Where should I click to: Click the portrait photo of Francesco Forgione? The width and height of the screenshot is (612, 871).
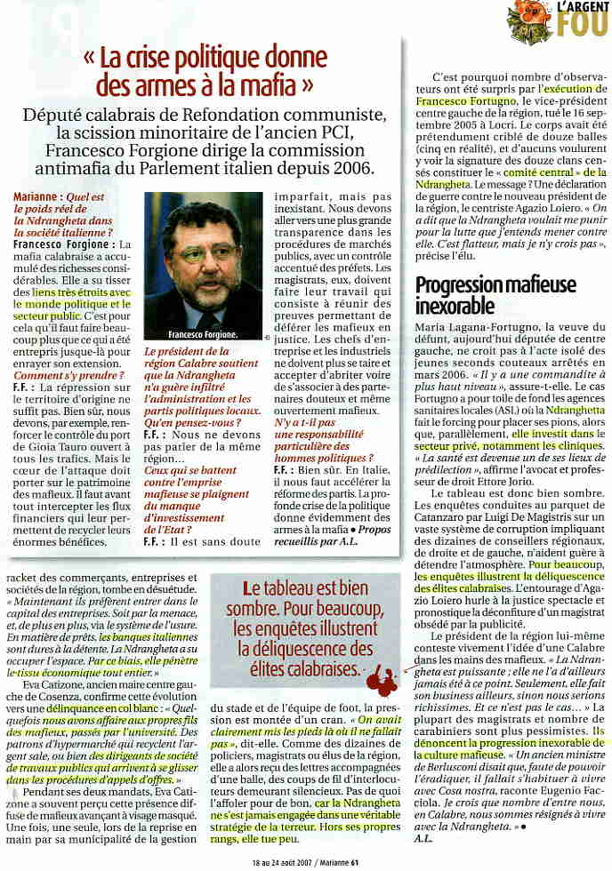point(203,262)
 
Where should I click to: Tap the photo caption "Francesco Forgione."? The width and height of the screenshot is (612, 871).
point(203,335)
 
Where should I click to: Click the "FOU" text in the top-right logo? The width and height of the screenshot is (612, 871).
point(582,22)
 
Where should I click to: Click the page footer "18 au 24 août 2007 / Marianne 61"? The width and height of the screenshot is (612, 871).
point(305,861)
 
